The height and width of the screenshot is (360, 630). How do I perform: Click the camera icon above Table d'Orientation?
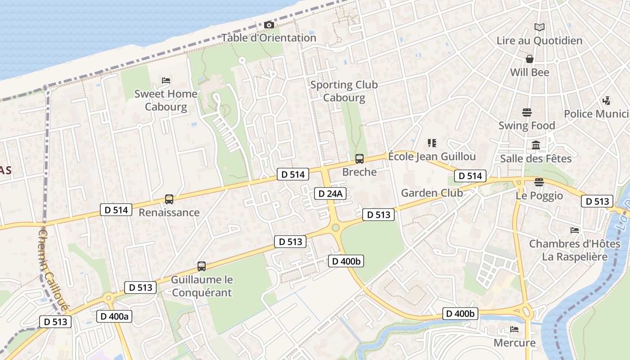tap(269, 25)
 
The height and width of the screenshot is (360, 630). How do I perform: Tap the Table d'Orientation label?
tap(269, 38)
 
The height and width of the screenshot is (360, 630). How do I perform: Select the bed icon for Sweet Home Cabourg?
tap(166, 81)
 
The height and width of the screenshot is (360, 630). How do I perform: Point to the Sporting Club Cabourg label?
tap(344, 91)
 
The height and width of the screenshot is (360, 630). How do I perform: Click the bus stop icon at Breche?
tap(359, 158)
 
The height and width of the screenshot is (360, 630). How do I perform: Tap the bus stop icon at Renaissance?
tap(169, 199)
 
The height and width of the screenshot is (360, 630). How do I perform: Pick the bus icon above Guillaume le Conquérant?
tap(202, 266)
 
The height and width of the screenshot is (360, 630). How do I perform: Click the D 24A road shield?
tap(330, 193)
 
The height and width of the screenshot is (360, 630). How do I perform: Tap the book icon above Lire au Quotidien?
tap(539, 27)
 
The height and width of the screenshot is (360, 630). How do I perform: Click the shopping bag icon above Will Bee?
tap(529, 59)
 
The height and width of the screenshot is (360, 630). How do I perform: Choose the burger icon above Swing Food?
tap(526, 112)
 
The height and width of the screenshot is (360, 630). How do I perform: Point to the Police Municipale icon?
tap(607, 100)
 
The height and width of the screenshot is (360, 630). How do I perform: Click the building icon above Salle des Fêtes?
tap(536, 145)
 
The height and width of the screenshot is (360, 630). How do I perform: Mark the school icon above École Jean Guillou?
tap(432, 143)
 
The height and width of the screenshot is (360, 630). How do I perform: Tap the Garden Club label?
tap(432, 193)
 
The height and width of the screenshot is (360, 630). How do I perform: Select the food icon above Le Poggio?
tap(539, 182)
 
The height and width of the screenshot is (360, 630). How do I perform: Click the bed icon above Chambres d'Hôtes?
tap(575, 230)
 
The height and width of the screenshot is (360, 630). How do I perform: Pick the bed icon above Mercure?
tap(514, 329)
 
